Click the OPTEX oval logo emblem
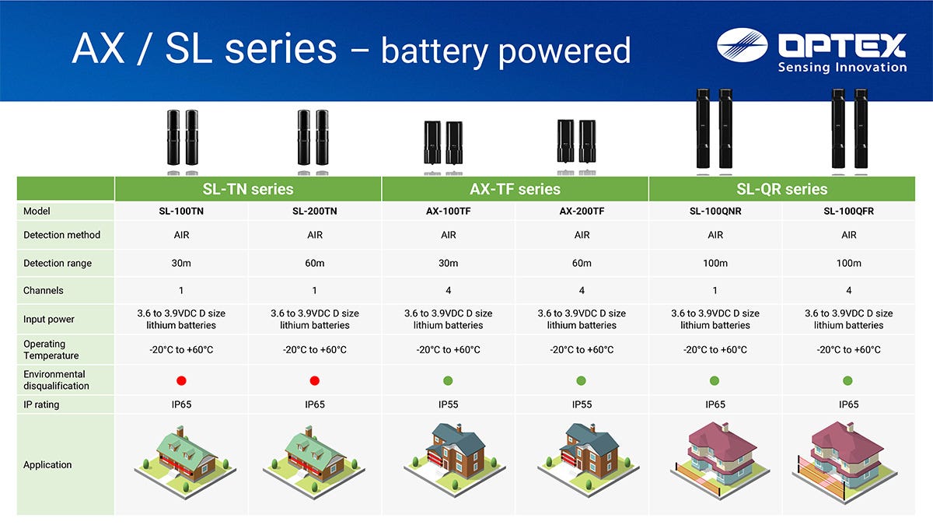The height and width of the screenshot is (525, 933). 743,45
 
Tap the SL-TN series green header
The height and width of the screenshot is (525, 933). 248,189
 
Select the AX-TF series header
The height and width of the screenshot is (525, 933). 515,189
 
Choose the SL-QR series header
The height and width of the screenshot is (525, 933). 782,189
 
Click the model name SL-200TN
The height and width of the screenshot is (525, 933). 314,212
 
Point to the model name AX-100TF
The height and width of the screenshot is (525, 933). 448,212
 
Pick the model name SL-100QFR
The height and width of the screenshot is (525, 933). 848,212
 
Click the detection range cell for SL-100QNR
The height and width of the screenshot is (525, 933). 715,264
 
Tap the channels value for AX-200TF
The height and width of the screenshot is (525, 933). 582,290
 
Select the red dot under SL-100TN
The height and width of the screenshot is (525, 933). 181,380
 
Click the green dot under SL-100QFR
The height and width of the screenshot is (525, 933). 847,380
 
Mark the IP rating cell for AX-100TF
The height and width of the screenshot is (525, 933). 448,404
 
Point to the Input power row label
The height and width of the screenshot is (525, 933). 49,319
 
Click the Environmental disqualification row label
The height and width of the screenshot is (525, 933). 56,380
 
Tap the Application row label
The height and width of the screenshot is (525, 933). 47,464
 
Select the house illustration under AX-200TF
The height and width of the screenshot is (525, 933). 588,460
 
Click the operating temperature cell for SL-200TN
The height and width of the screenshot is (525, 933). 314,349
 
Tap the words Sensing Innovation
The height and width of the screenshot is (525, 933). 842,67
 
